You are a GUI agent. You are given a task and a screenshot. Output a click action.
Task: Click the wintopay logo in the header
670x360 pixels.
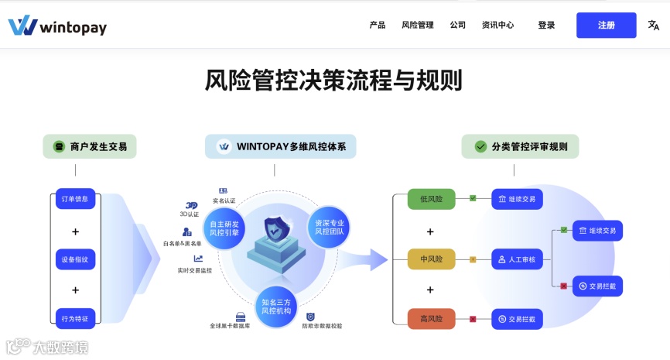[57, 26]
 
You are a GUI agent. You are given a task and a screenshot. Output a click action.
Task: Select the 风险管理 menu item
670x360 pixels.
[417, 25]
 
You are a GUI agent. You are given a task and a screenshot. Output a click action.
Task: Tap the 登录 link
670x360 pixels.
[546, 25]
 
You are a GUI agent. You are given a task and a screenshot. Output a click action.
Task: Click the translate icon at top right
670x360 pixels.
[654, 25]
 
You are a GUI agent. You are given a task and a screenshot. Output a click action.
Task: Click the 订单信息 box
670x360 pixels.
[75, 199]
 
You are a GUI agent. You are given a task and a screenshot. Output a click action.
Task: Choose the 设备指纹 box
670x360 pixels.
[75, 259]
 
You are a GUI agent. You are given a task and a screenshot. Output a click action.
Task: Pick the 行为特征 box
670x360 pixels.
[75, 318]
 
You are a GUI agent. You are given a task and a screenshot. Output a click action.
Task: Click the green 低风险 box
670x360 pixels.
[431, 199]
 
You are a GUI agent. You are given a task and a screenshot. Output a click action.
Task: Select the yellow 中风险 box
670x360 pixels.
[431, 259]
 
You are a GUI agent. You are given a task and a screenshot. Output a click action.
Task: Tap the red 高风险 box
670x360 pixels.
[431, 318]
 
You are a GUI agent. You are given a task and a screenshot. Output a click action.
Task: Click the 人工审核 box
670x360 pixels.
[517, 259]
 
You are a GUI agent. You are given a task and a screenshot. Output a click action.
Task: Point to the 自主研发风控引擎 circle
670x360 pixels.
[224, 228]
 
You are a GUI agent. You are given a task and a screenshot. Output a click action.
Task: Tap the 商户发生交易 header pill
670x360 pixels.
[91, 146]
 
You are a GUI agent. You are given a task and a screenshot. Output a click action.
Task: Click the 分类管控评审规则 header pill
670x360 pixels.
[520, 146]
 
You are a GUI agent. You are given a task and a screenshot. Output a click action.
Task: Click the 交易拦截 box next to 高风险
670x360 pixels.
[517, 318]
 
